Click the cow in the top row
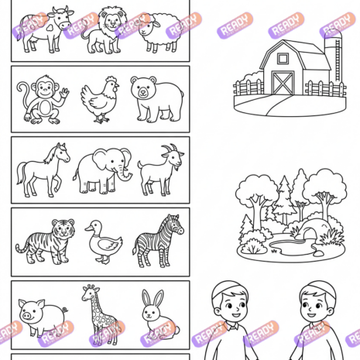point(45,29)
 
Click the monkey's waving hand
point(65,92)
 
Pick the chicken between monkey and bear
point(99,99)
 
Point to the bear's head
point(144,87)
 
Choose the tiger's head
point(63,228)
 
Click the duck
point(103,242)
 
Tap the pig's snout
point(26,316)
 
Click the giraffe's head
point(88,293)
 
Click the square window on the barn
point(283,59)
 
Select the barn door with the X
point(283,83)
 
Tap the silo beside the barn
point(335,60)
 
